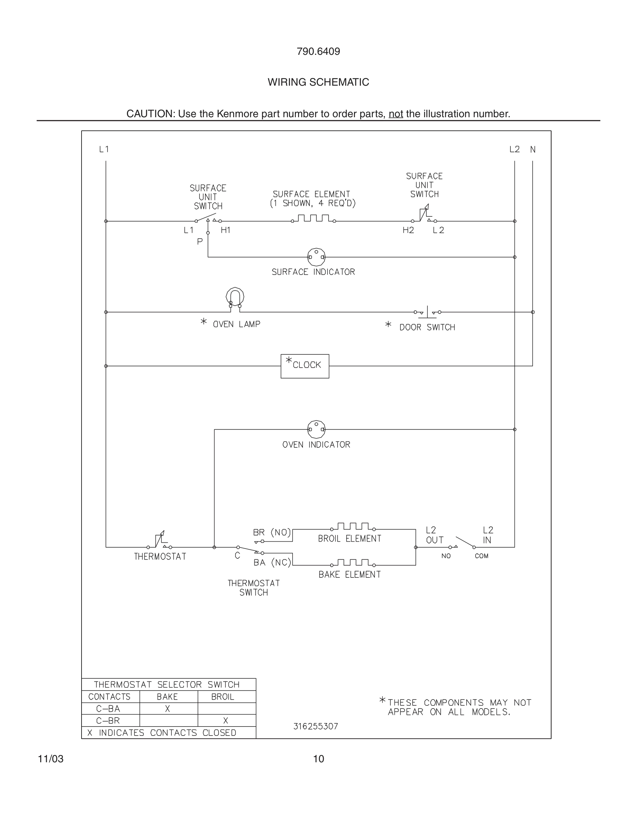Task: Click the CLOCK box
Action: point(305,366)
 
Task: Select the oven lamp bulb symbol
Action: point(235,298)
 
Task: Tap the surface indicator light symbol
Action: point(316,257)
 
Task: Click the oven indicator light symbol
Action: point(316,429)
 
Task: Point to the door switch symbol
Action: point(427,312)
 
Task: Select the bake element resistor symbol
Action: point(353,563)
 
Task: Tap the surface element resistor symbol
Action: point(313,219)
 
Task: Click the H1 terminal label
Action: point(226,230)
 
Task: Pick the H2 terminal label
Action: point(408,230)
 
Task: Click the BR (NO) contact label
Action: point(272,532)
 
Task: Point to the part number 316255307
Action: point(315,726)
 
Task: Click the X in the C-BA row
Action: point(168,709)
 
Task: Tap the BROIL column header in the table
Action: point(223,697)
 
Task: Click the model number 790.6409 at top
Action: point(318,52)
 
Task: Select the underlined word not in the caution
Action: point(396,114)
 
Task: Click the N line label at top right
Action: point(533,149)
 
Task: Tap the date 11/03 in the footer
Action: point(51,759)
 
